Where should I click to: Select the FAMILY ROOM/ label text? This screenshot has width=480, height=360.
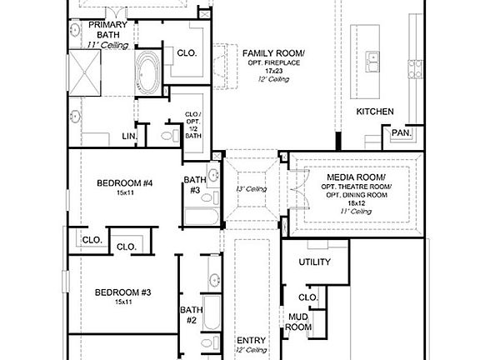point(274,53)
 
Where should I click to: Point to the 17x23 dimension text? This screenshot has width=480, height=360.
point(274,72)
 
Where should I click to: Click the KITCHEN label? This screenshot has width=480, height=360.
point(375,112)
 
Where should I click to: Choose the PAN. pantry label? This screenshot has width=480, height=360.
point(399,132)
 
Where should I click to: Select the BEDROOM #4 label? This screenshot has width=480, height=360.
point(125,183)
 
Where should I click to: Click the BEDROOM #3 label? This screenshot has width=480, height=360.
point(122,292)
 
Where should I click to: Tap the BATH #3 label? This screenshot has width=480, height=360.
point(194,184)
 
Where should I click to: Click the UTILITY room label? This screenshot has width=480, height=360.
point(315,262)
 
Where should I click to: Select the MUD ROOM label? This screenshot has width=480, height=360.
point(299,322)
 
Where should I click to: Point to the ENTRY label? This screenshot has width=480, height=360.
point(251,340)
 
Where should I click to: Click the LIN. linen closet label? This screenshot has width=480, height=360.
point(129,135)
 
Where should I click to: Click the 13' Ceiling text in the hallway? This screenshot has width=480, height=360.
point(251,189)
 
